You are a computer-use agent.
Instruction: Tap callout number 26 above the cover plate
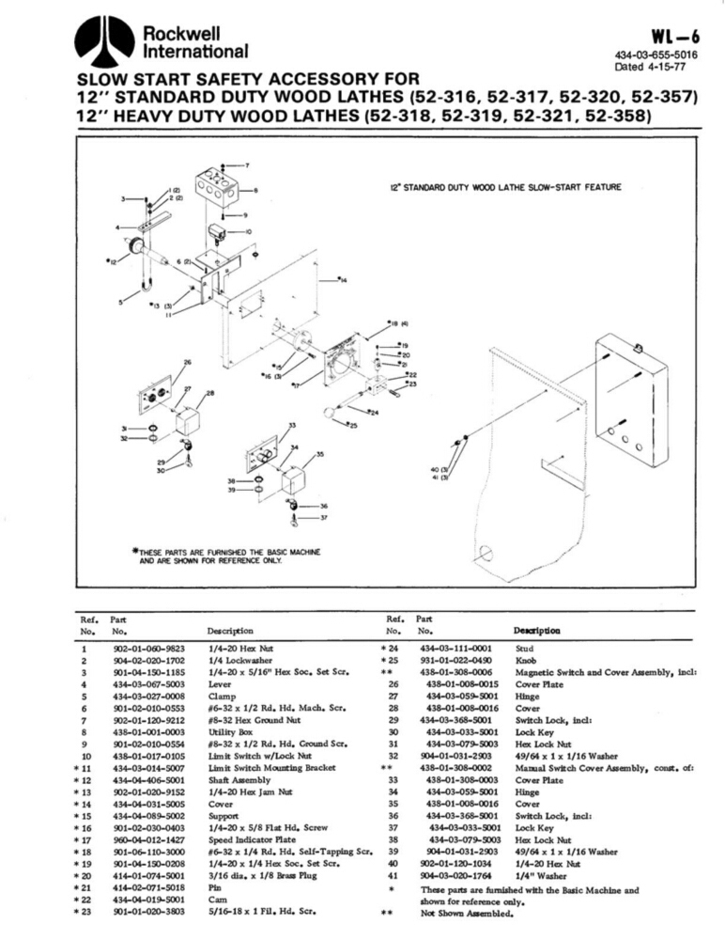click(187, 362)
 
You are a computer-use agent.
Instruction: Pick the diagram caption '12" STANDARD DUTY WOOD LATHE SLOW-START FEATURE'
click(504, 187)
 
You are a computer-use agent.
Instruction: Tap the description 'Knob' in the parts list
click(526, 661)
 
